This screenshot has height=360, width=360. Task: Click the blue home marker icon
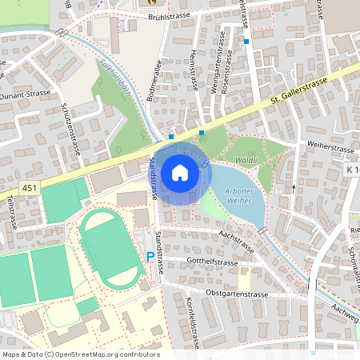[x=180, y=172]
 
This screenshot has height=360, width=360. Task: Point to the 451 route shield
[x=30, y=188]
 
